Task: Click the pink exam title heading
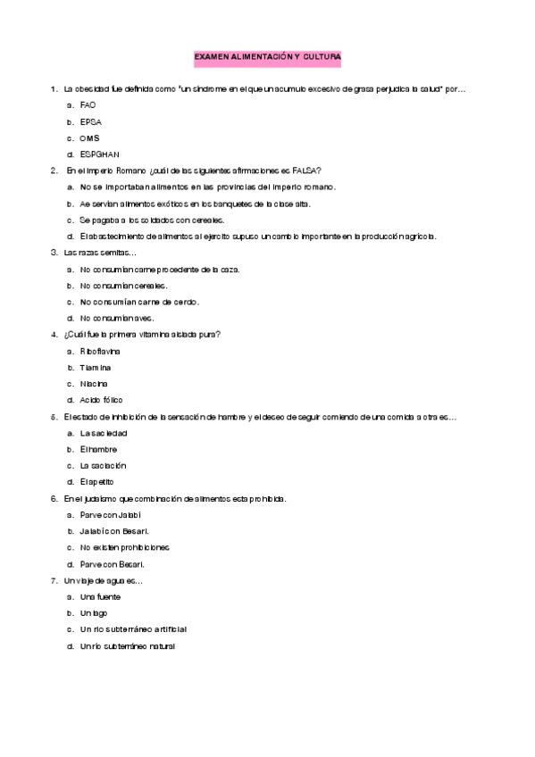pyautogui.click(x=267, y=56)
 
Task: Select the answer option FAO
pyautogui.click(x=87, y=105)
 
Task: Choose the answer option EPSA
pyautogui.click(x=89, y=121)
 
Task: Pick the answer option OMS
pyautogui.click(x=89, y=138)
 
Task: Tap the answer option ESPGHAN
pyautogui.click(x=99, y=154)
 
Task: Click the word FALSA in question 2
pyautogui.click(x=306, y=171)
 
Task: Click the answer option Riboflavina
pyautogui.click(x=100, y=351)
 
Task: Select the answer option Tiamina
pyautogui.click(x=95, y=367)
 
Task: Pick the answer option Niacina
pyautogui.click(x=95, y=384)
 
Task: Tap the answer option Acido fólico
pyautogui.click(x=101, y=400)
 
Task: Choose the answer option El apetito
pyautogui.click(x=96, y=482)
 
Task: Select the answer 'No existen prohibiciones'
pyautogui.click(x=124, y=547)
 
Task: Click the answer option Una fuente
pyautogui.click(x=99, y=596)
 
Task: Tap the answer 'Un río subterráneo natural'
pyautogui.click(x=127, y=645)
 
